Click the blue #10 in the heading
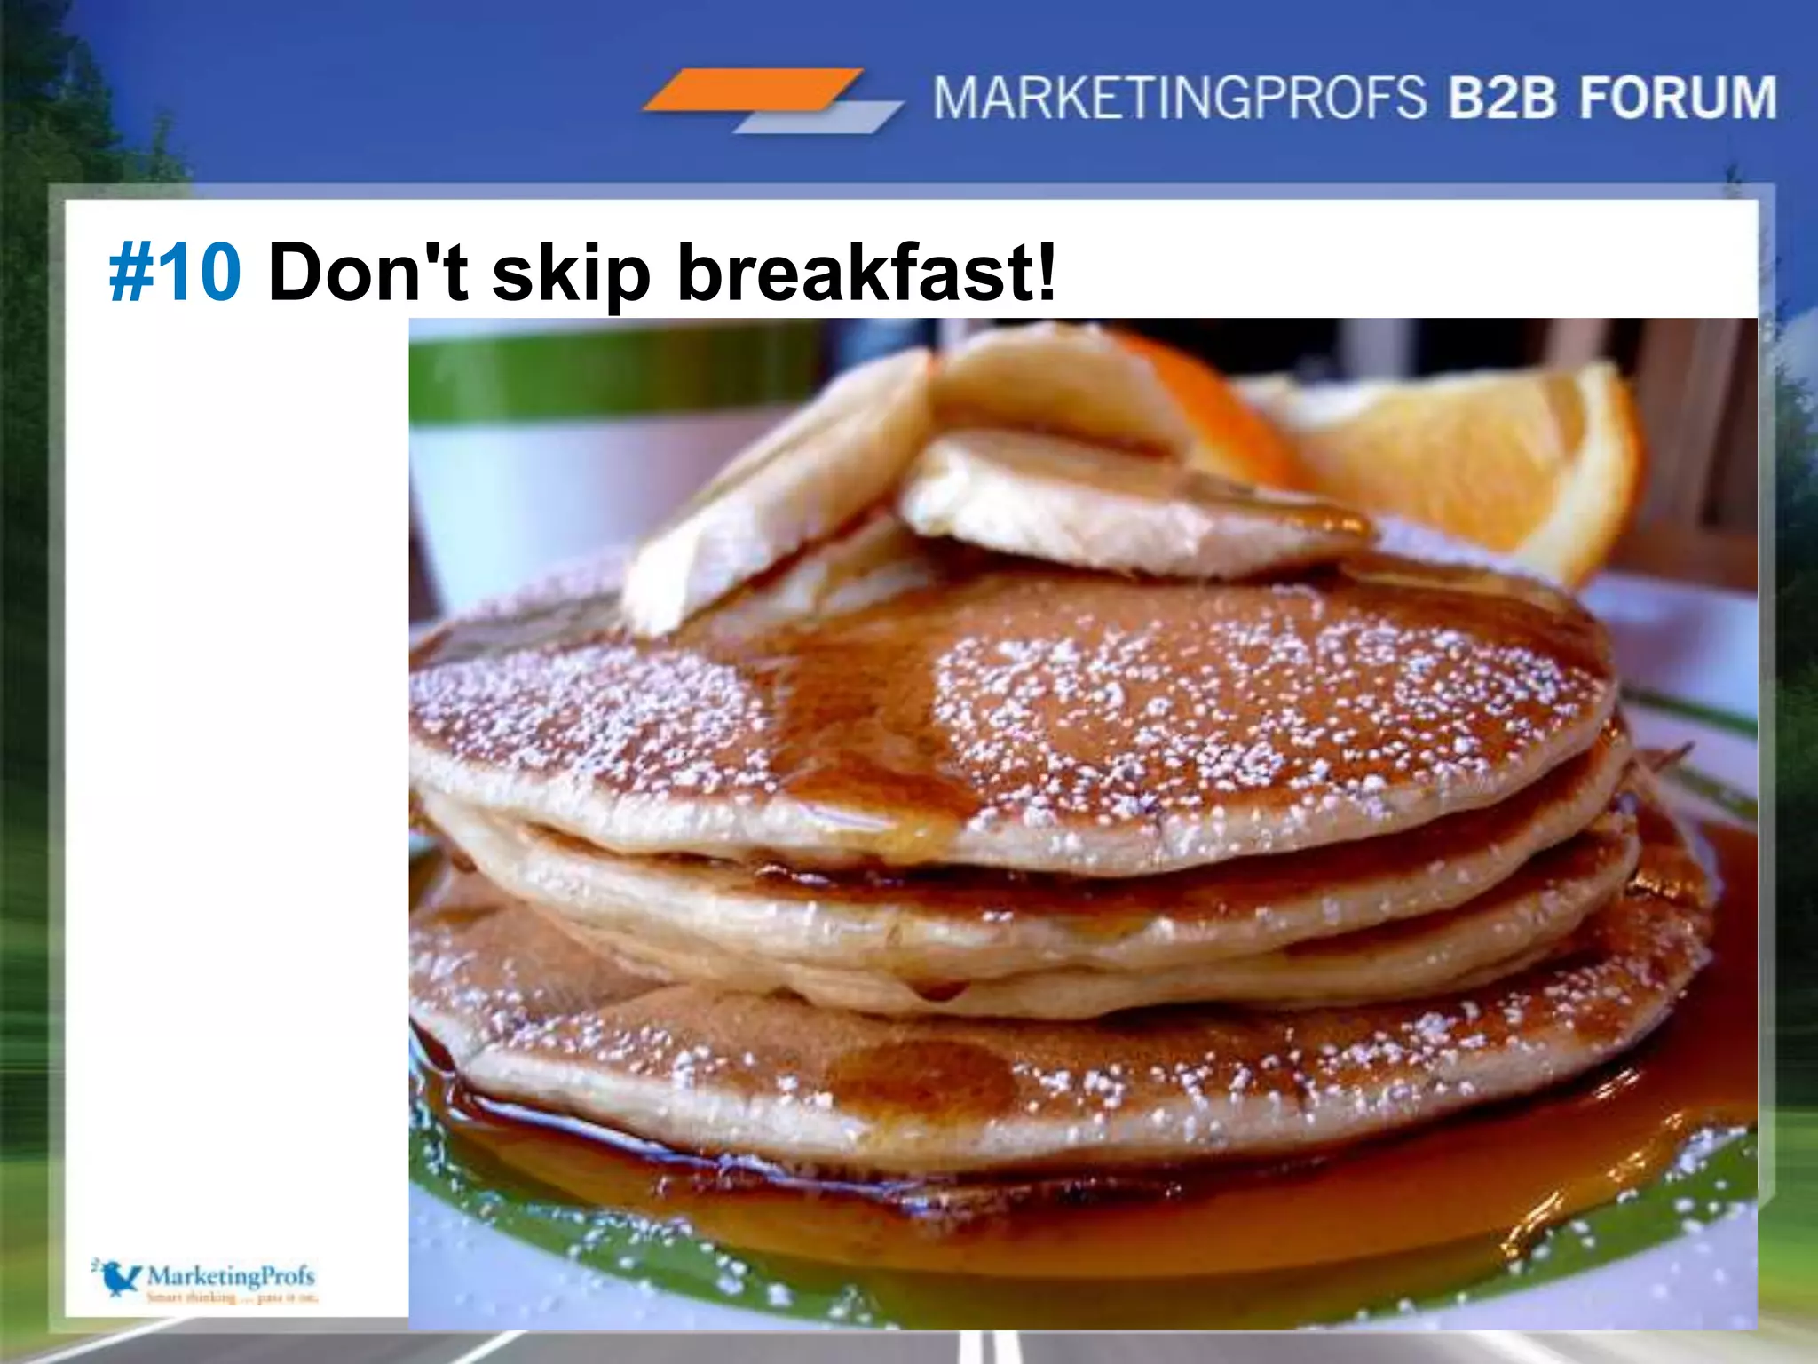tap(175, 272)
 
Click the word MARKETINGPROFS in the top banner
tap(1179, 98)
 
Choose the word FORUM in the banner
tap(1678, 98)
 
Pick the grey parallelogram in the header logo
tap(817, 117)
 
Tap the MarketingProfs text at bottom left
tap(231, 1275)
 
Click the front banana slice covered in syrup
tap(1127, 506)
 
